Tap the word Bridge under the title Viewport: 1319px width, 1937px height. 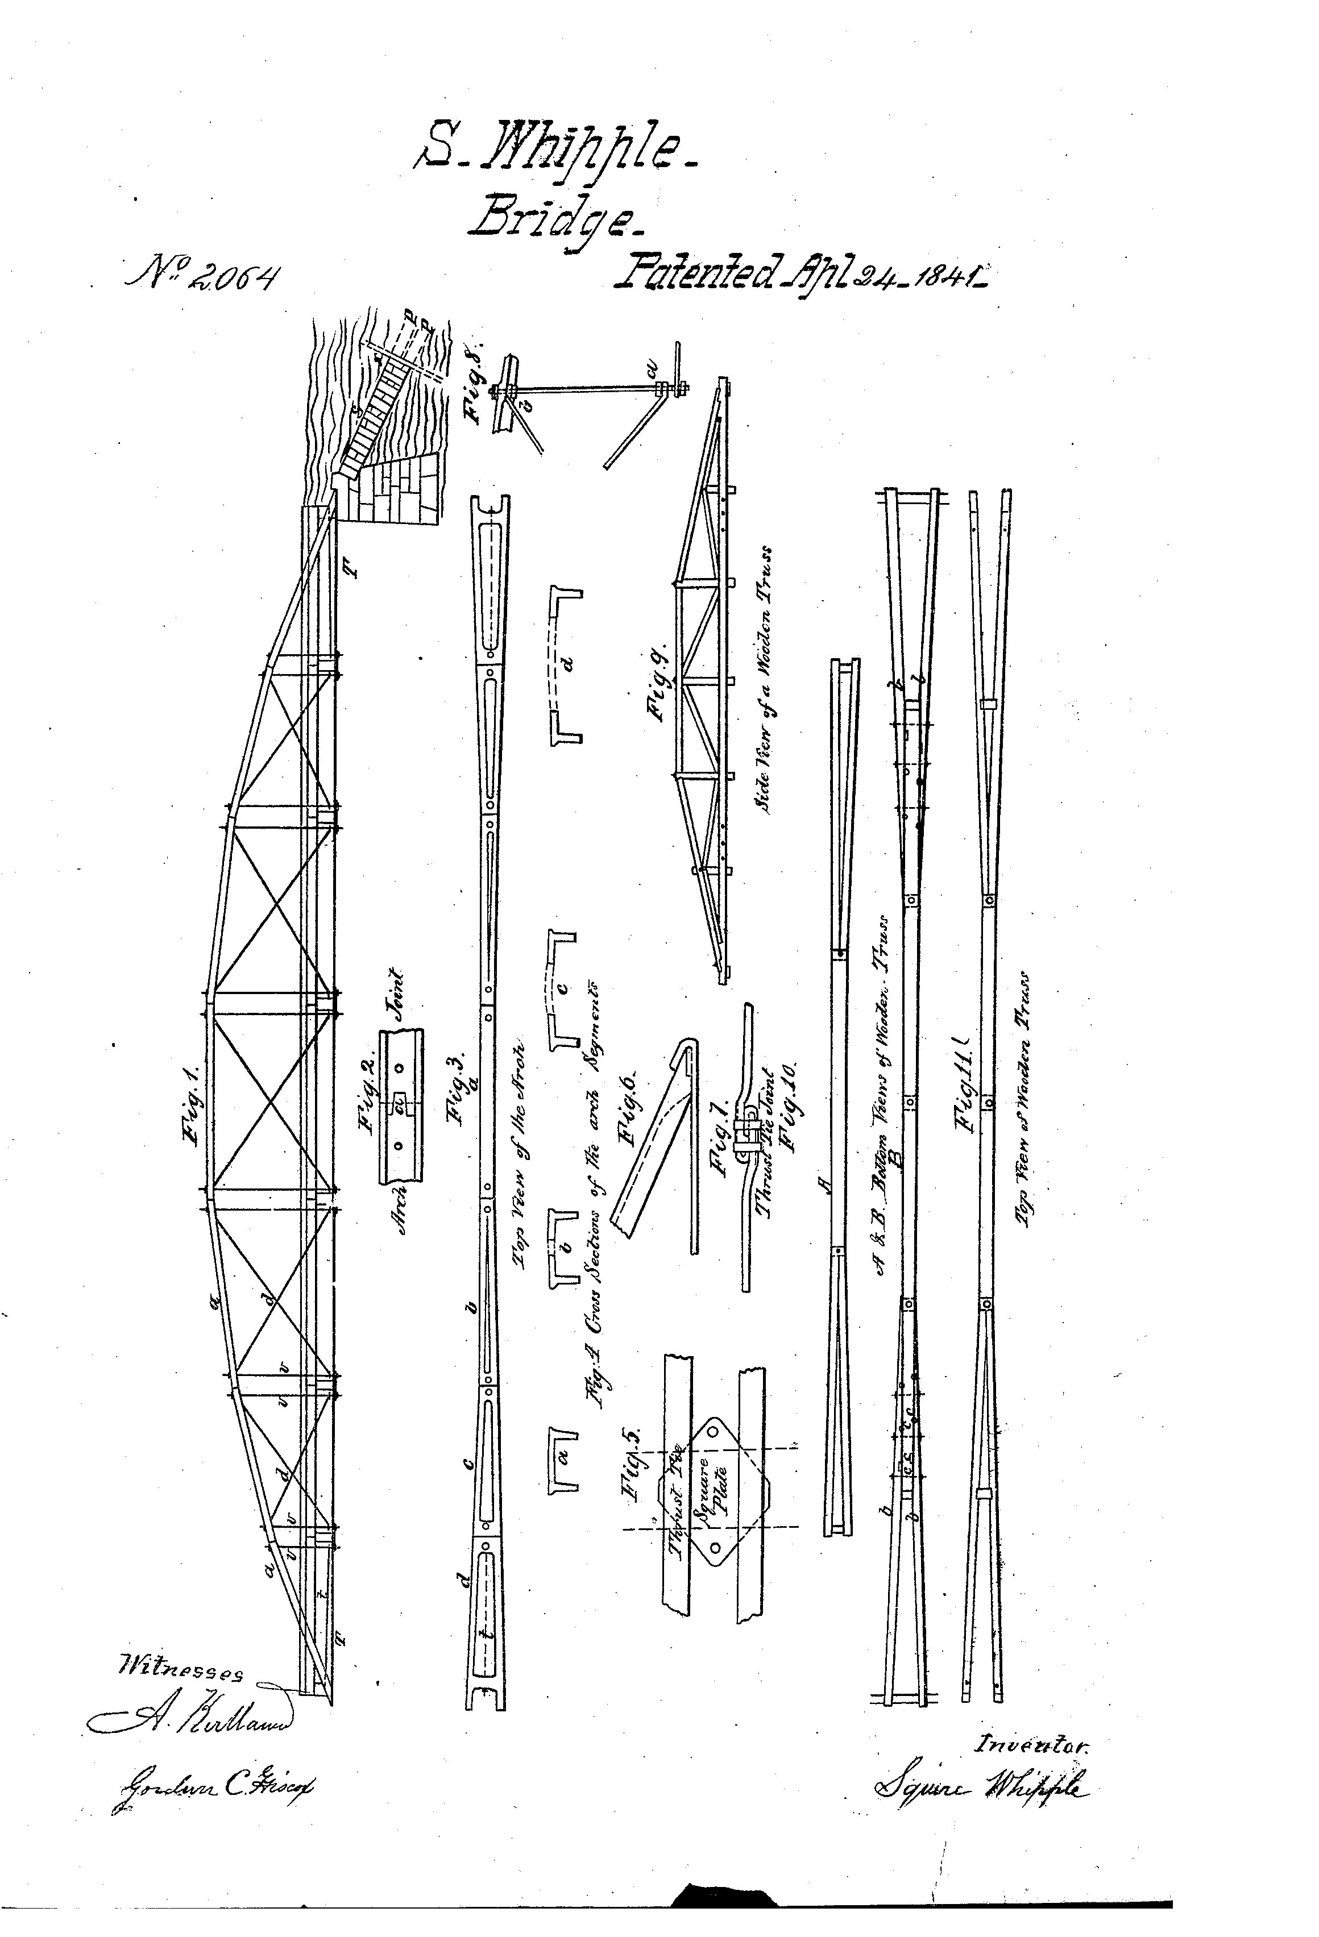554,218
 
